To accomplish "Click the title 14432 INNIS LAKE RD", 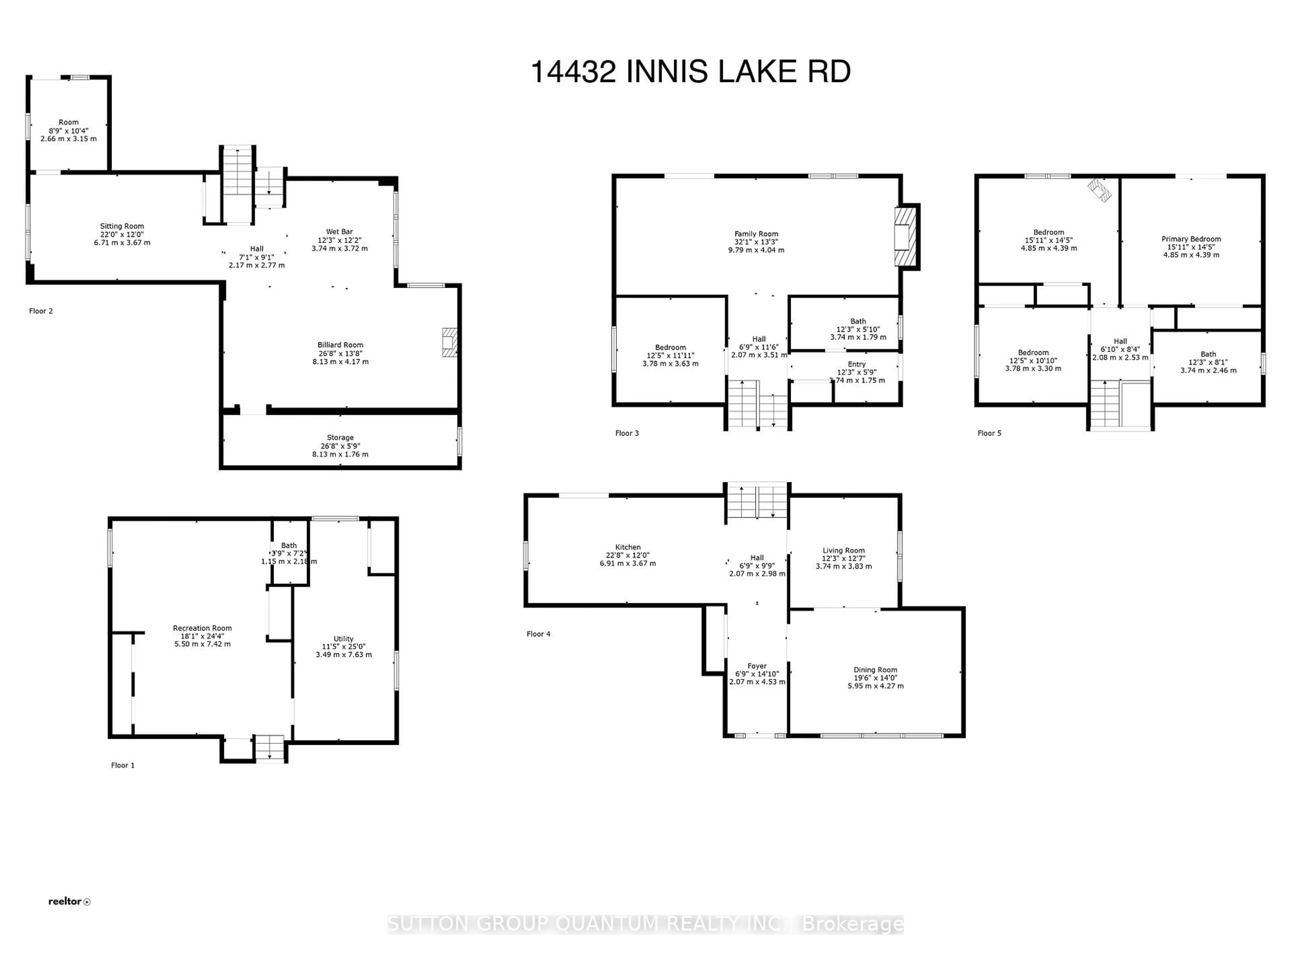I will tap(691, 72).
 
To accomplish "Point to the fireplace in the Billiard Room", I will tap(449, 342).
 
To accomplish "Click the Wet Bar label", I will tap(339, 232).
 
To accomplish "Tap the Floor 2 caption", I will tap(41, 311).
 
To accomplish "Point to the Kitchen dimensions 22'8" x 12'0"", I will tap(627, 556).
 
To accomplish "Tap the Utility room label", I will tap(343, 639).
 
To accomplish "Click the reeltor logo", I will tap(69, 901).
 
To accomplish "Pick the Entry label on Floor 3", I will tap(856, 364).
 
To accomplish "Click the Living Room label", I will tap(843, 550).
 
